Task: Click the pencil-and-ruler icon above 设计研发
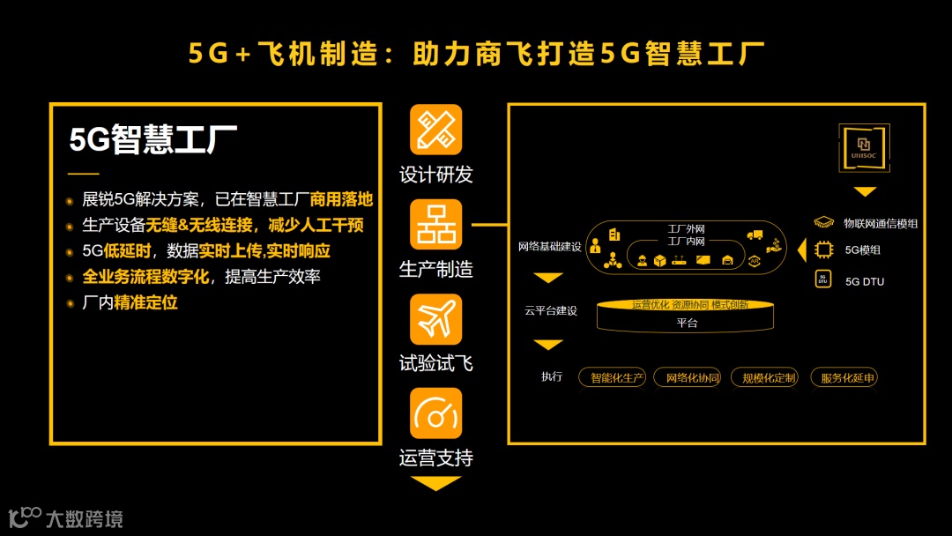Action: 435,130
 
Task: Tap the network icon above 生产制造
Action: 435,224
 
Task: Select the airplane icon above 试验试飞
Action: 435,319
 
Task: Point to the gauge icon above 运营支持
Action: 435,413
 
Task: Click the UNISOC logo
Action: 864,148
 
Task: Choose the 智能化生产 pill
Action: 613,378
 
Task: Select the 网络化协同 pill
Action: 693,378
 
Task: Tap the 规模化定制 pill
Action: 769,378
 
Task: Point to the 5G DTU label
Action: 864,281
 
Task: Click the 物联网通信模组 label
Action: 880,224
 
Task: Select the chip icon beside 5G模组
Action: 823,249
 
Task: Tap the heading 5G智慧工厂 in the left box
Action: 153,139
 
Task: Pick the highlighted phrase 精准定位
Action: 145,302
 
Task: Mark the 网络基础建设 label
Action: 549,247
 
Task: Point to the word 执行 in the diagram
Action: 552,376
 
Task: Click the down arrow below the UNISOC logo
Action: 865,191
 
